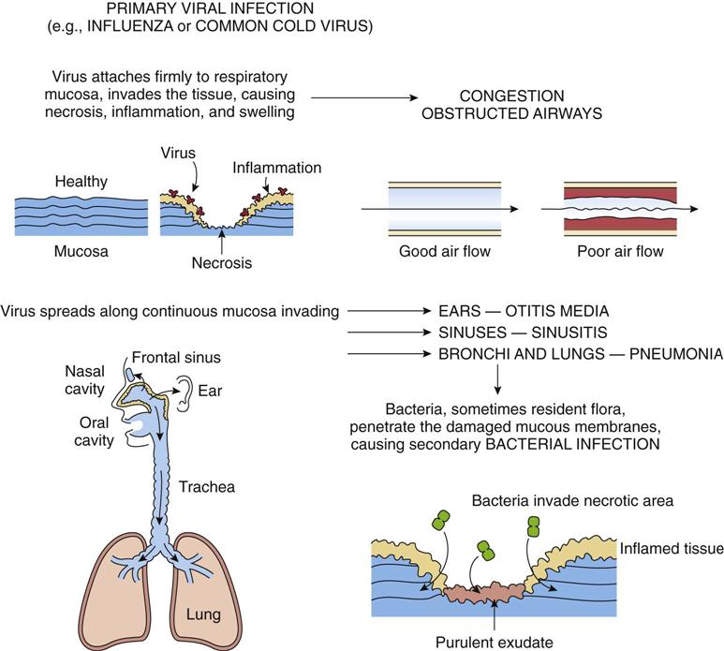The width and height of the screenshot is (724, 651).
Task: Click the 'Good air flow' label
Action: pos(445,251)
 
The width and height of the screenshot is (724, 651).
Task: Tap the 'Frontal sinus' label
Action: pos(177,357)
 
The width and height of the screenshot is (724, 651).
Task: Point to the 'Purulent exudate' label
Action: pos(491,642)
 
